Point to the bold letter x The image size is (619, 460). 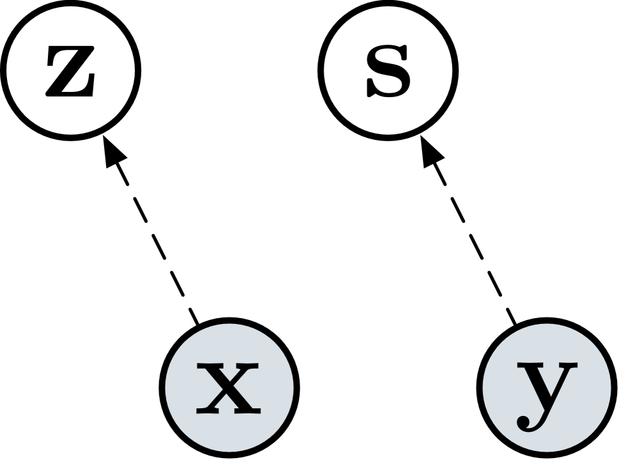coord(229,387)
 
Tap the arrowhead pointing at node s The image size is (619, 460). coord(431,153)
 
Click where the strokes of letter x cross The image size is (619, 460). coord(229,387)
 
